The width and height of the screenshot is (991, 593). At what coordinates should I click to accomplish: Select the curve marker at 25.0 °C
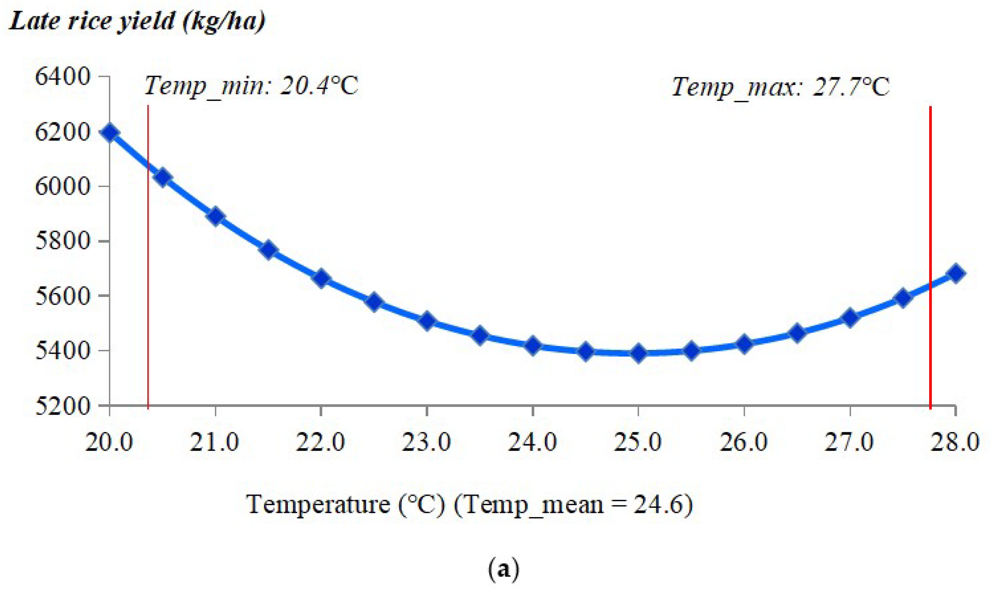pyautogui.click(x=638, y=353)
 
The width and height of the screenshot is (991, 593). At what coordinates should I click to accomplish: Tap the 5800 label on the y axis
pyautogui.click(x=64, y=241)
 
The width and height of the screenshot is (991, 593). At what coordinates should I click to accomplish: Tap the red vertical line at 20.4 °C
pyautogui.click(x=148, y=280)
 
